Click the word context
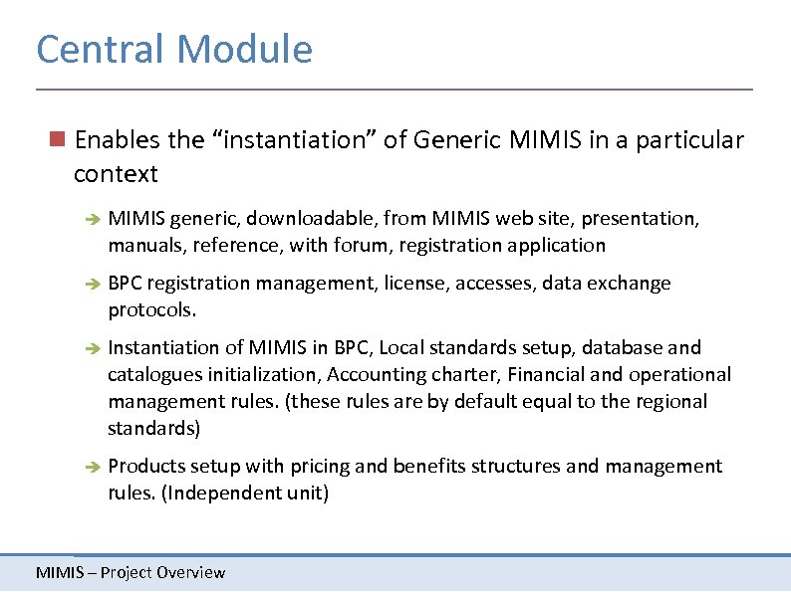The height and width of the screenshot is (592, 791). (116, 174)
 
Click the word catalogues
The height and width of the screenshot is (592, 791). (152, 375)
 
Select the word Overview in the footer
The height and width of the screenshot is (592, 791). (190, 572)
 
